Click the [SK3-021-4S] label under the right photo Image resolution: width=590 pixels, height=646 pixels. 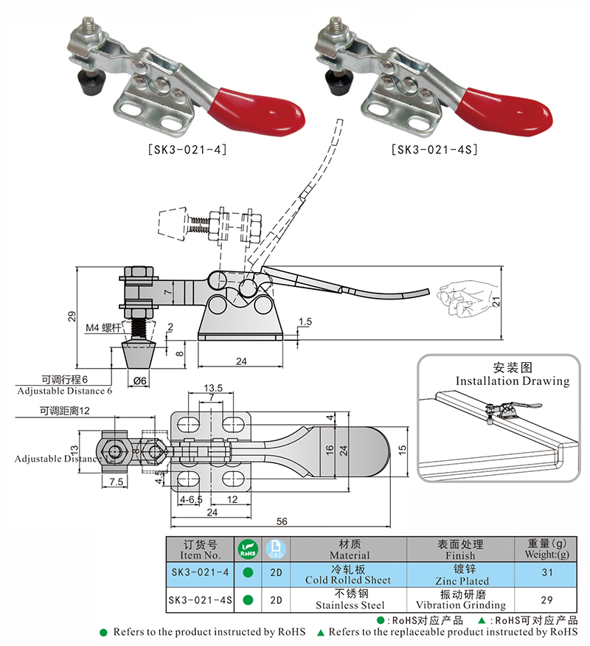pos(435,149)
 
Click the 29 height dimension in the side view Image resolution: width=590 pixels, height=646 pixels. pos(72,316)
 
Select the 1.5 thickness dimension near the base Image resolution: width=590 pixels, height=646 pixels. pos(305,322)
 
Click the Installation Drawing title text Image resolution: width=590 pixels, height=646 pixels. pos(512,381)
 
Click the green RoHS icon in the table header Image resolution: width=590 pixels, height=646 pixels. pos(247,549)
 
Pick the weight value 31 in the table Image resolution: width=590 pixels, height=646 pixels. pos(546,572)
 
